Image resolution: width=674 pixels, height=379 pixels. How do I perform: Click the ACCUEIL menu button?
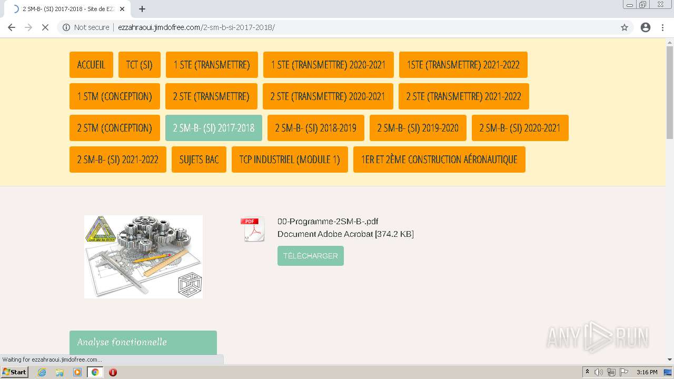click(x=91, y=65)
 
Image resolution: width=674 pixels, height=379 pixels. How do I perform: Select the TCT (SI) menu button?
click(x=139, y=65)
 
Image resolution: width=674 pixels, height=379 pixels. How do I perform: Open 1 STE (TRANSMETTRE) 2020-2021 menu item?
click(x=328, y=65)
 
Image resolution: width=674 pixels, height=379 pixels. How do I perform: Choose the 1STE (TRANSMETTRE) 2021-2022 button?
click(x=463, y=65)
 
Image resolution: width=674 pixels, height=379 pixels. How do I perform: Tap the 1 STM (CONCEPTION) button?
click(x=114, y=96)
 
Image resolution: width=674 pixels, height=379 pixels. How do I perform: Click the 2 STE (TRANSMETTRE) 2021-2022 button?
click(x=463, y=96)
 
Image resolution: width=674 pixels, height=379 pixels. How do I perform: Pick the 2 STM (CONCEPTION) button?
click(x=114, y=128)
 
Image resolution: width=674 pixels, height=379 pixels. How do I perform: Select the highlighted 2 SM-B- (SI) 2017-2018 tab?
click(x=213, y=128)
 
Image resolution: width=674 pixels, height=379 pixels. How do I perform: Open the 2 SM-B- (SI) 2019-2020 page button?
click(x=418, y=128)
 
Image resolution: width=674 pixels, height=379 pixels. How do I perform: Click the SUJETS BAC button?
click(x=199, y=159)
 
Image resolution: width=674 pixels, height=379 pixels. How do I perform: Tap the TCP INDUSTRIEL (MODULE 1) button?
click(x=290, y=159)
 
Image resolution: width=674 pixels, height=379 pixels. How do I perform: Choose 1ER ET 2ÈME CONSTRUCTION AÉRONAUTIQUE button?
click(x=439, y=159)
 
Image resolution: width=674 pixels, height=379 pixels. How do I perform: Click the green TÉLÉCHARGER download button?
click(x=310, y=256)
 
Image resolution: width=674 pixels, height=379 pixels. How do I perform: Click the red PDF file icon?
click(x=253, y=230)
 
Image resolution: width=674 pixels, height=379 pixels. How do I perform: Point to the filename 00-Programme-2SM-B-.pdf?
click(x=328, y=221)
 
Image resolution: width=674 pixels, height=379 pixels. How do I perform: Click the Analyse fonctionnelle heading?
click(x=122, y=342)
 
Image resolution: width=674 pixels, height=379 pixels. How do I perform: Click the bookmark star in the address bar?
click(x=625, y=27)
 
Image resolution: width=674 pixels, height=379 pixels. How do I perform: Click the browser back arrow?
click(x=12, y=27)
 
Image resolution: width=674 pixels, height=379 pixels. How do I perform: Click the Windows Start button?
click(x=14, y=372)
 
